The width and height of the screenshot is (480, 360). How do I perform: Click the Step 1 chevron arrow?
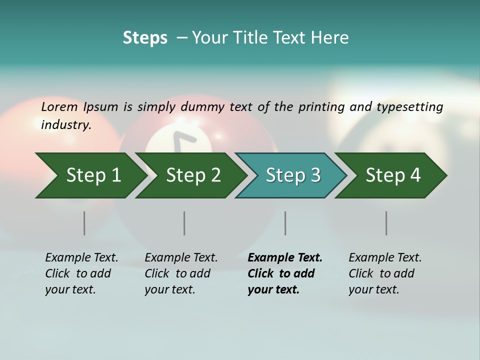pyautogui.click(x=90, y=175)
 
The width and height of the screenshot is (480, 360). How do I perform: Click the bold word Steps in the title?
pyautogui.click(x=145, y=37)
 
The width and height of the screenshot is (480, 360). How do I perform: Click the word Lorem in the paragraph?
pyautogui.click(x=59, y=106)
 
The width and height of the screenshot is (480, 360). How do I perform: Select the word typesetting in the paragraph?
pyautogui.click(x=409, y=107)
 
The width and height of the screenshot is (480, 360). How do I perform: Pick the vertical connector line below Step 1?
pyautogui.click(x=84, y=223)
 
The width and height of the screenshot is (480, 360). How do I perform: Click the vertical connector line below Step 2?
pyautogui.click(x=184, y=223)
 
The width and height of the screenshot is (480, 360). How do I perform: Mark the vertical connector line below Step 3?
pyautogui.click(x=285, y=223)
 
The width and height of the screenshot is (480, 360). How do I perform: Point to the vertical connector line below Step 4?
pyautogui.click(x=386, y=223)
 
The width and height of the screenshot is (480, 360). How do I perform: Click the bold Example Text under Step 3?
pyautogui.click(x=285, y=257)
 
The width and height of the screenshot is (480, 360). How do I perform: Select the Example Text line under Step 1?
pyautogui.click(x=81, y=257)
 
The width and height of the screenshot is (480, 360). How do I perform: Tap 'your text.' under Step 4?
pyautogui.click(x=373, y=289)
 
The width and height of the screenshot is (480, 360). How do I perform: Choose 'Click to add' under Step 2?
pyautogui.click(x=177, y=273)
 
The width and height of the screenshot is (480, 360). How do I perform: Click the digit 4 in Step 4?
pyautogui.click(x=415, y=175)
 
